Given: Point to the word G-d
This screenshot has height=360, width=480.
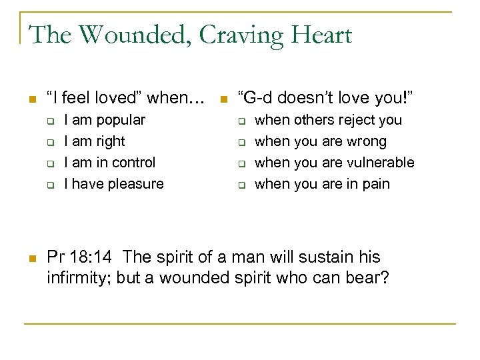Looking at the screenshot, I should [x=259, y=98].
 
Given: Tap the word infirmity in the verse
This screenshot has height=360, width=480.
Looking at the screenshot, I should [x=77, y=277].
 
